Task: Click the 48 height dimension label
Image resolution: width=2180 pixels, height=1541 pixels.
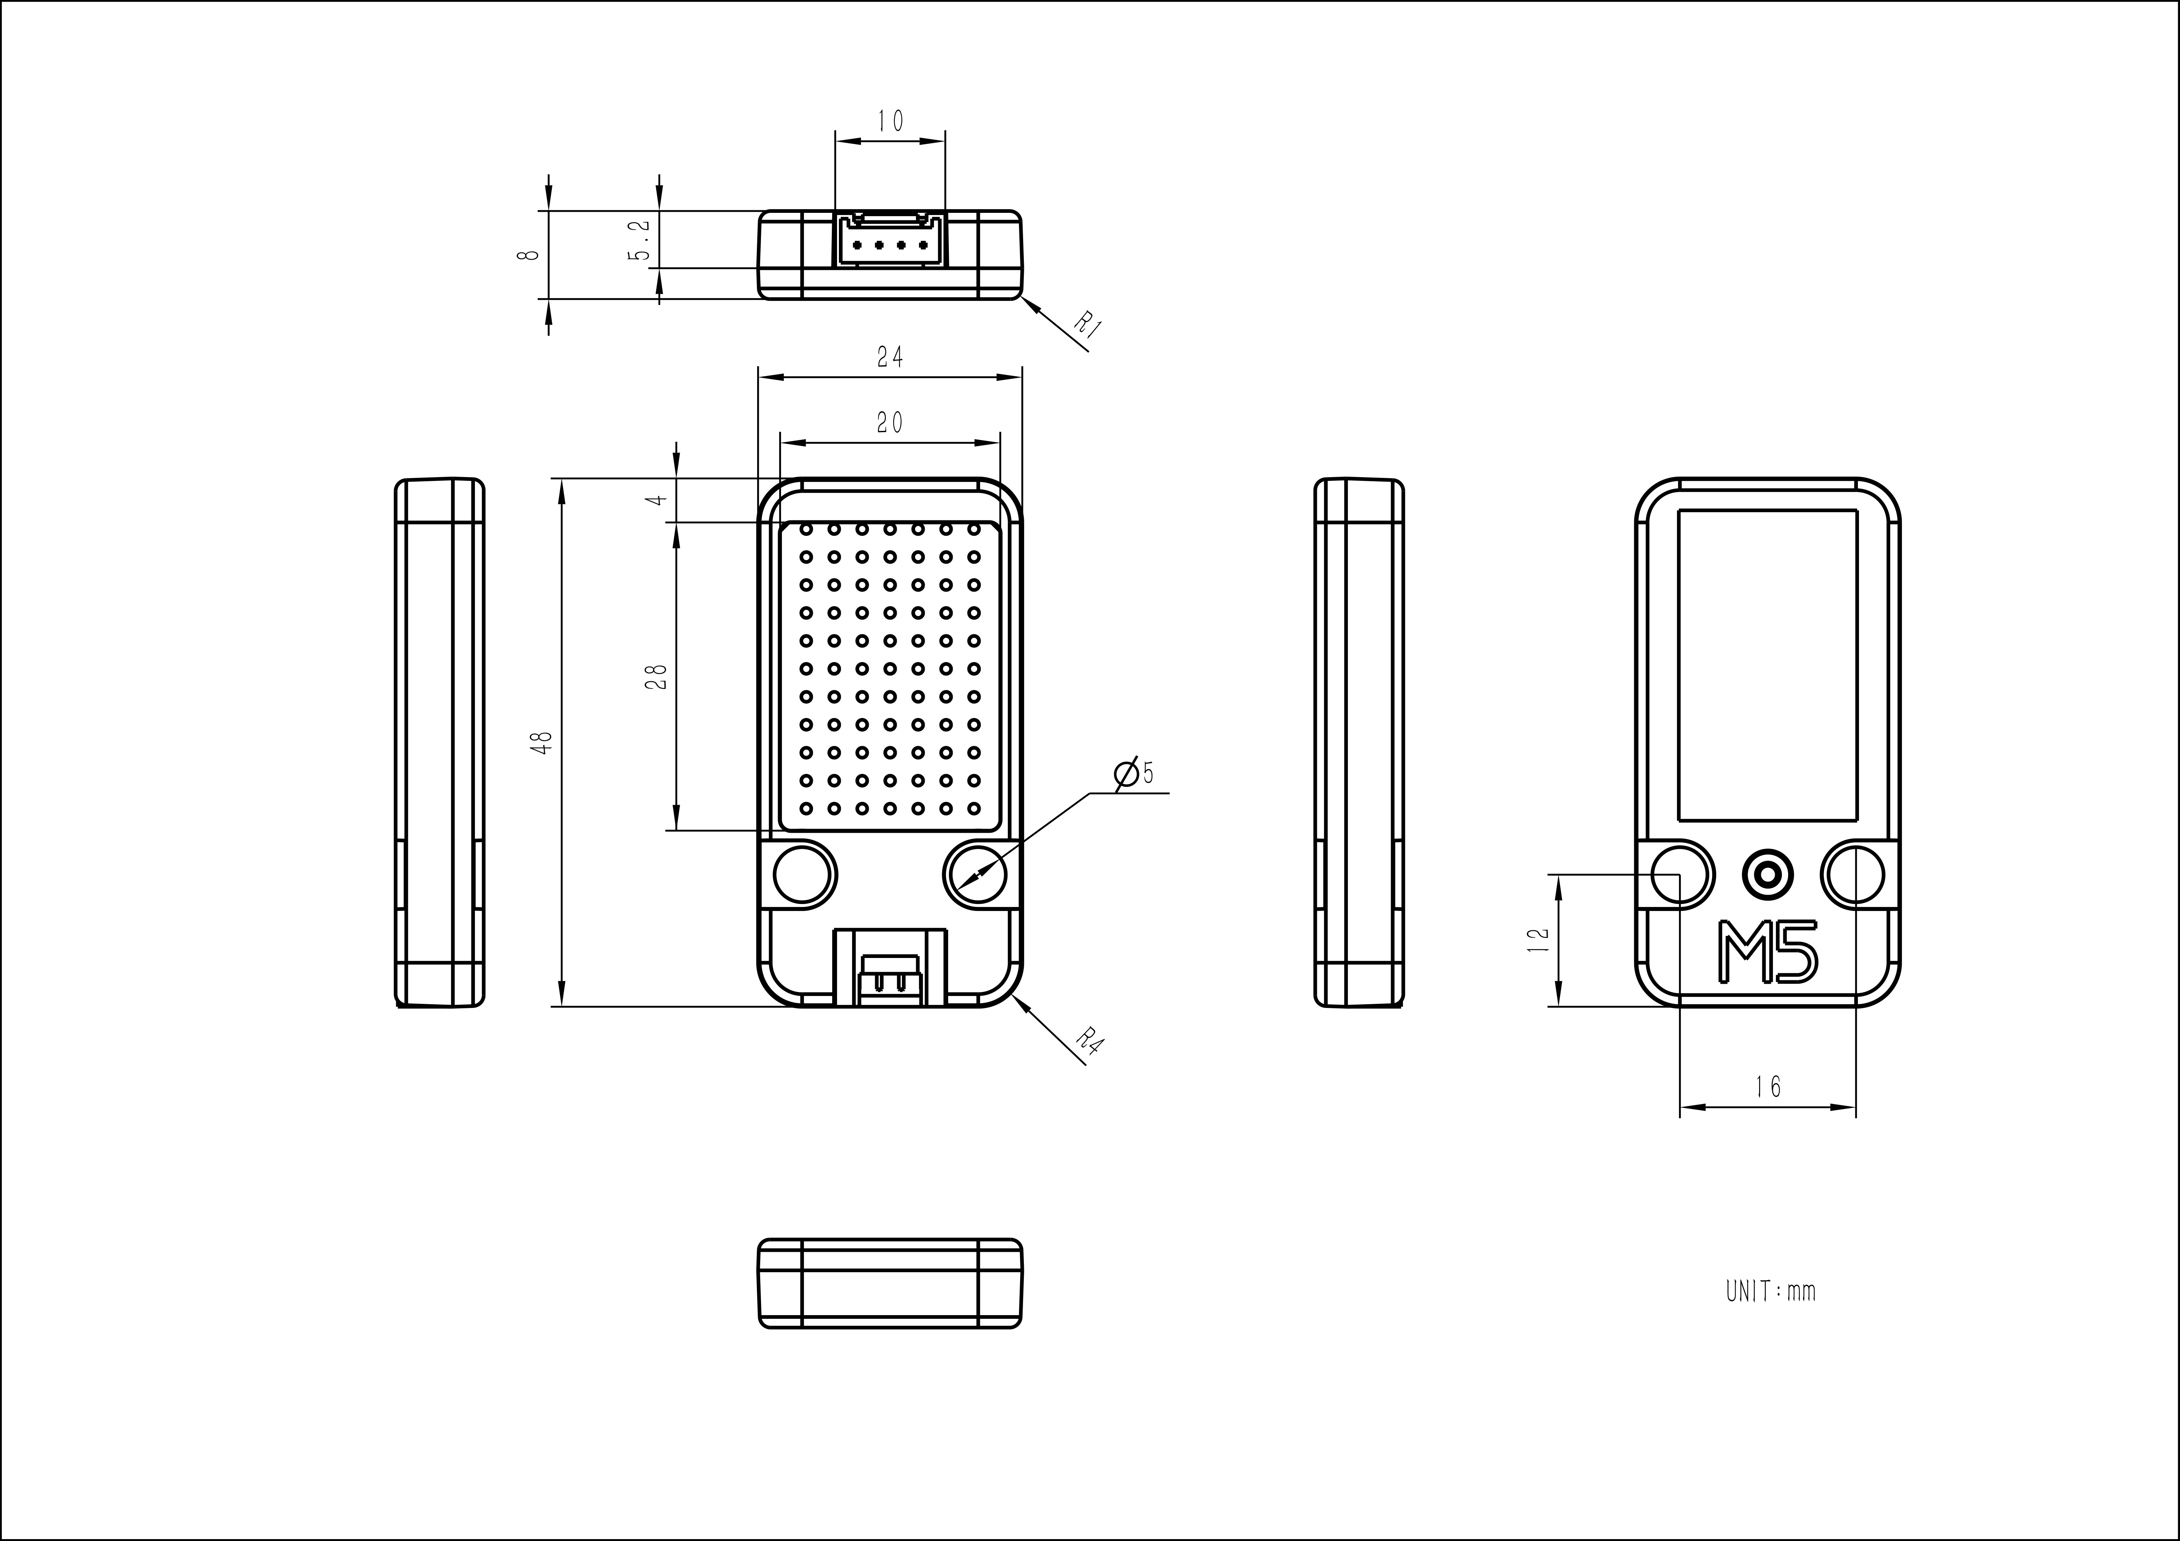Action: (542, 743)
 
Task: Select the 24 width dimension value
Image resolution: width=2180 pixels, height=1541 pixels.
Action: (890, 357)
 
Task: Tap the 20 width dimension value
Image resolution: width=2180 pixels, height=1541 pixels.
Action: (890, 422)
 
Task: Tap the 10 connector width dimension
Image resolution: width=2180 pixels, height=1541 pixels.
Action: (890, 120)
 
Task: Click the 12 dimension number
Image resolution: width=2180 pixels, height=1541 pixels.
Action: (1538, 940)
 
